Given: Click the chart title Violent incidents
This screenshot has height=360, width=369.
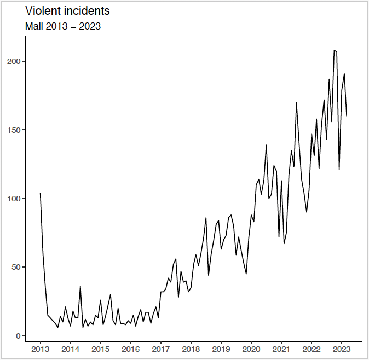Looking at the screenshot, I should point(64,10).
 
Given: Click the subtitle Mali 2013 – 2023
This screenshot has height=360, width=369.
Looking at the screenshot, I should point(63,26).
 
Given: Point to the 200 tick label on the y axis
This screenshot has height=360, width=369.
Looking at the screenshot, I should point(13,61).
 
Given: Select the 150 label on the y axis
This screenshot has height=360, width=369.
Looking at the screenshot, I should point(13,130).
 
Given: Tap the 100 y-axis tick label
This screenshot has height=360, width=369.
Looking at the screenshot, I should point(13,199).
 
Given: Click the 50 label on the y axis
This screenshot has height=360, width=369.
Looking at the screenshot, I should point(15,268).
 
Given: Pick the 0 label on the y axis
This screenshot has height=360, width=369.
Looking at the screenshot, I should point(18,336).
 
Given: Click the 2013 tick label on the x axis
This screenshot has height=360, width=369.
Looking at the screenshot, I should point(40,349).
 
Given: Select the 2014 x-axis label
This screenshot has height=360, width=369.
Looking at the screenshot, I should point(70,349).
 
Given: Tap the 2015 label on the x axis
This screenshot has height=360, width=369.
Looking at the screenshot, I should point(100,349).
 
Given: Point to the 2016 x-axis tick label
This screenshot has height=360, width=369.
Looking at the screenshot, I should point(130,349).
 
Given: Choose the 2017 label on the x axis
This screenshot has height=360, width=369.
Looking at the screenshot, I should point(160,349).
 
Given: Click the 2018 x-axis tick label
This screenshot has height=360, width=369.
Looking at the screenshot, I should point(191,349).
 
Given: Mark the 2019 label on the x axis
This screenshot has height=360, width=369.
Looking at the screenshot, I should point(221,349).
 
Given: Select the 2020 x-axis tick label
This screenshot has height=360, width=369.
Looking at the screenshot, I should point(251,349).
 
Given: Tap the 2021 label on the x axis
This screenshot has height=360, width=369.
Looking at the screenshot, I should point(281,349).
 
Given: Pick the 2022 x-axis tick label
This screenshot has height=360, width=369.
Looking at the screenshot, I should point(311,349).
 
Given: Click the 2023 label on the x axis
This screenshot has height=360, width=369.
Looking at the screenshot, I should point(341,349).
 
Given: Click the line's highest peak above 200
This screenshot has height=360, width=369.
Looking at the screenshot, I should point(334,50).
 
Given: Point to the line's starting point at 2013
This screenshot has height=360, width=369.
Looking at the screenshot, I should point(40,193).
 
